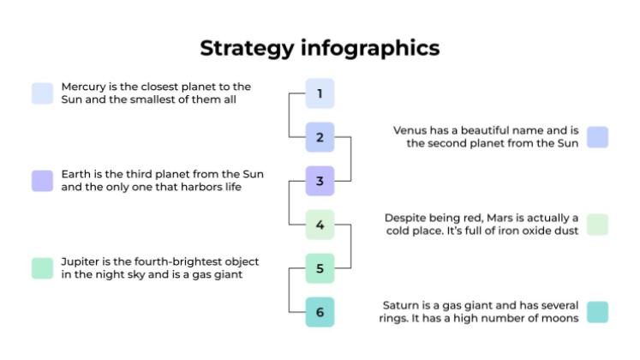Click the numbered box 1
coord(320,93)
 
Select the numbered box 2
coord(320,137)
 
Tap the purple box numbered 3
coord(320,181)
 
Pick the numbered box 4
coord(320,225)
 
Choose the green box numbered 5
coord(320,268)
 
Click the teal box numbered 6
coord(320,312)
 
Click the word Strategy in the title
coord(246,48)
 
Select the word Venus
coord(410,130)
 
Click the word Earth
coord(76,174)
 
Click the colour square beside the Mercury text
coord(42,93)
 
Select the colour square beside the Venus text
coord(597,137)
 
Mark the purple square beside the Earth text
coord(42,181)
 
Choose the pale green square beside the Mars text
coord(597,225)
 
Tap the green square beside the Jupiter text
coord(42,268)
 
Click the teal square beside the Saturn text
coord(597,312)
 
